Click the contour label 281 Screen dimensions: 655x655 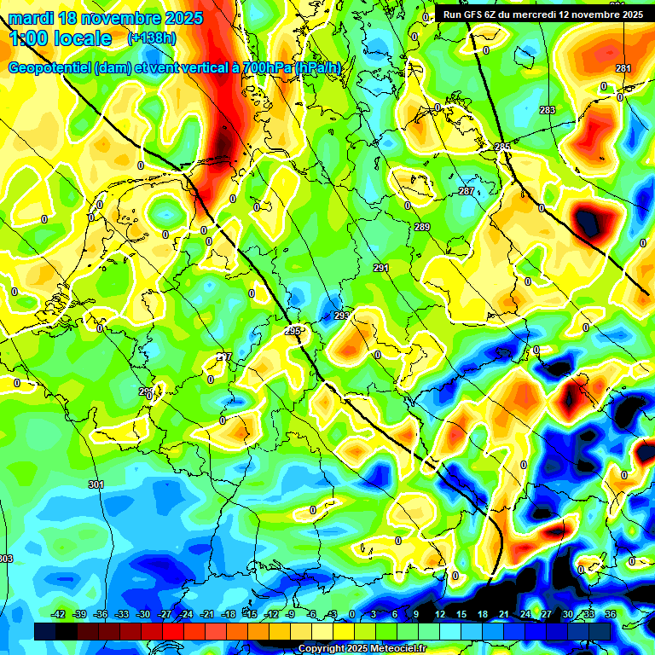[x=623, y=69]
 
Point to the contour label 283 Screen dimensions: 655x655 [x=547, y=110]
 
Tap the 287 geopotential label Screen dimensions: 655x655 [x=467, y=191]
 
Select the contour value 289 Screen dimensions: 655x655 [x=423, y=227]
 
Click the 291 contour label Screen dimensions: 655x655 [x=381, y=268]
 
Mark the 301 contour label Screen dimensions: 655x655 [x=96, y=484]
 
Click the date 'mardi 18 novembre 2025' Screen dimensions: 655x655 [x=106, y=18]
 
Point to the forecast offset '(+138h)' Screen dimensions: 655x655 [x=152, y=38]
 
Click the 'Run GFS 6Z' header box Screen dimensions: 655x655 [x=542, y=14]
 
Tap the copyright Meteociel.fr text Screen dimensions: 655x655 [x=362, y=648]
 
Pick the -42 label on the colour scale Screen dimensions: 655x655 [x=58, y=614]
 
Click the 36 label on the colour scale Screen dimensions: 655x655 [x=610, y=614]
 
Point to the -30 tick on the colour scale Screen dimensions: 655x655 [x=142, y=614]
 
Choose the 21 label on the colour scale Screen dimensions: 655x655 [x=503, y=614]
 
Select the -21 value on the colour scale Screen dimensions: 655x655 [x=206, y=614]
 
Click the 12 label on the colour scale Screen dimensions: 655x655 [x=439, y=614]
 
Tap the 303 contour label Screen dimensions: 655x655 [x=6, y=559]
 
